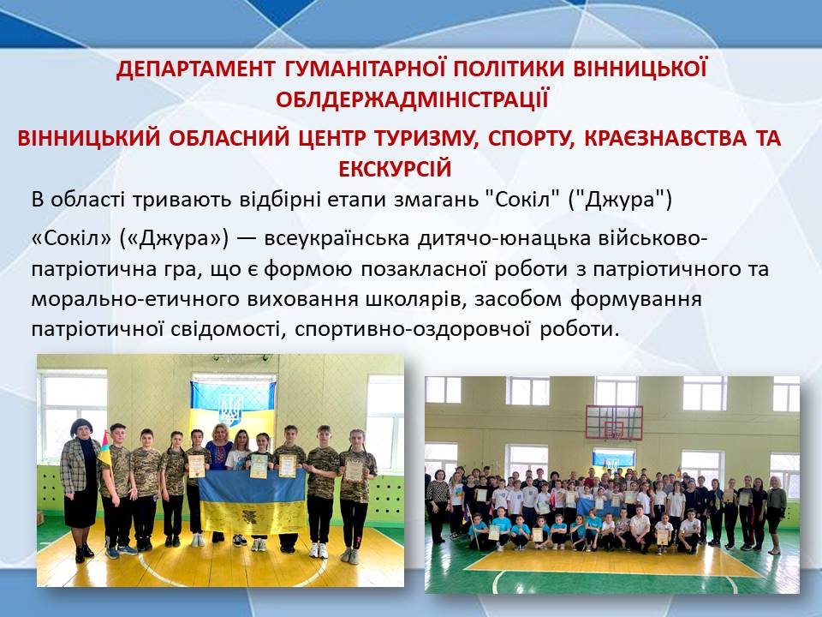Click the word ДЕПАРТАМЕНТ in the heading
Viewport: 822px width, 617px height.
(195, 69)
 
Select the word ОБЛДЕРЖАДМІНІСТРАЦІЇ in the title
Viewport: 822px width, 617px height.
(412, 99)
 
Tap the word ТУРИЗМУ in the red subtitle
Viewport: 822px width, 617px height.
(426, 138)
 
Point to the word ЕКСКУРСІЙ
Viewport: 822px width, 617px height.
(395, 169)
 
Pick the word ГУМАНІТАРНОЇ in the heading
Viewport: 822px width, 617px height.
(366, 69)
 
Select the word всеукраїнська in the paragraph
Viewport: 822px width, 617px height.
(337, 238)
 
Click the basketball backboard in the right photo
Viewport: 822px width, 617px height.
(614, 422)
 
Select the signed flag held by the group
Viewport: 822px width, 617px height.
(252, 500)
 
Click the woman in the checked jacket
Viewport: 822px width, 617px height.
(80, 489)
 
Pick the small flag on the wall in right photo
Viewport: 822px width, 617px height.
(613, 459)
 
